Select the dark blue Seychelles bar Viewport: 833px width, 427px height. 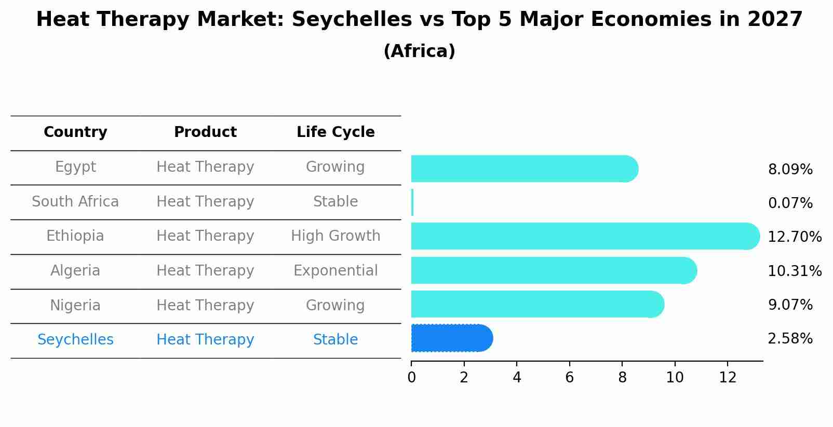451,338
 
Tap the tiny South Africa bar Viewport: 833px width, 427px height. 412,202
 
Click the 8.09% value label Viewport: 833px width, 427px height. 790,170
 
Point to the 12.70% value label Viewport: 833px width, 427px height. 794,237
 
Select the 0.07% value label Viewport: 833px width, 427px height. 790,203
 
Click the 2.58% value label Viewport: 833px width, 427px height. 790,339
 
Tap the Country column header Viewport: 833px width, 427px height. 75,132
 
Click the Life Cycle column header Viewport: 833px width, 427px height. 335,132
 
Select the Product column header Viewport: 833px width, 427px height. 205,132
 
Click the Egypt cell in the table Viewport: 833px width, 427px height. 75,167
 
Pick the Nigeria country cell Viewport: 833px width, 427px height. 75,305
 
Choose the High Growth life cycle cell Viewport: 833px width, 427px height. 335,236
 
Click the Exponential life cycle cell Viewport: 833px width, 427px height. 335,271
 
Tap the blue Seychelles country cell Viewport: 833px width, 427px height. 75,340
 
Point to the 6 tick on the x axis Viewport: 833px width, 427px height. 569,378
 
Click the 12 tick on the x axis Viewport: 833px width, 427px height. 728,378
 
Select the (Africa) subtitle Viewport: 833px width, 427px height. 419,51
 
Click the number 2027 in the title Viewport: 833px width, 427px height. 775,20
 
